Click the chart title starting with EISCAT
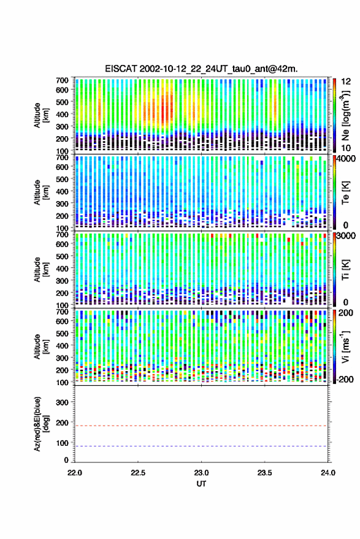click(x=202, y=69)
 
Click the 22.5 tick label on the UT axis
click(x=138, y=473)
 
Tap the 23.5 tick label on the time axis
click(x=264, y=473)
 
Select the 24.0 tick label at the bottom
click(x=327, y=473)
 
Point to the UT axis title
click(x=201, y=484)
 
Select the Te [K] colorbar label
click(x=345, y=193)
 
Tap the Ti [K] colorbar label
click(x=345, y=269)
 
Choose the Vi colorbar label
click(x=345, y=346)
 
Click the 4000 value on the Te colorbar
click(x=347, y=159)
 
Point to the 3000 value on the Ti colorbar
click(x=347, y=236)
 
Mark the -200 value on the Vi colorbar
click(x=345, y=379)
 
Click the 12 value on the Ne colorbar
click(x=346, y=82)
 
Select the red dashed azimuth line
click(x=201, y=426)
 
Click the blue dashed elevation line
click(x=201, y=446)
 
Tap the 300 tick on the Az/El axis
click(x=62, y=402)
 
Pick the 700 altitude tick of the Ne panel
click(x=62, y=80)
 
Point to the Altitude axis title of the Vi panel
click(x=41, y=346)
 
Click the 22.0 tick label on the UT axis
click(x=75, y=473)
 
